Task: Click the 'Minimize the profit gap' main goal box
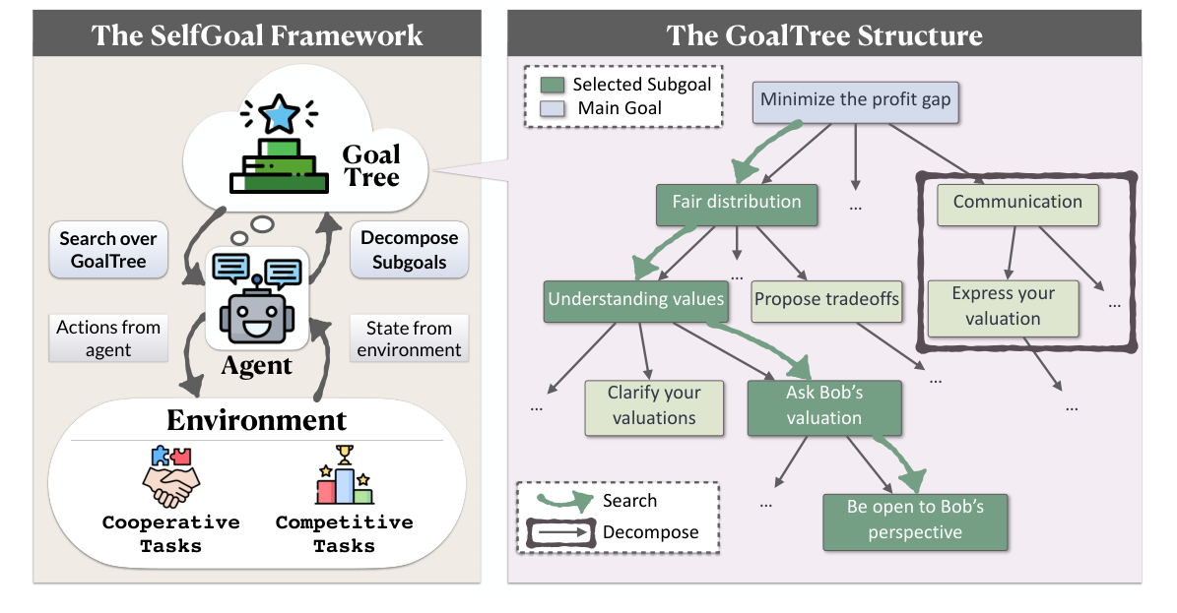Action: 856,100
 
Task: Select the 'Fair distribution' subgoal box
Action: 737,204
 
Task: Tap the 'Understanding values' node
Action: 636,300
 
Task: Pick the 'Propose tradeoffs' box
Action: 826,299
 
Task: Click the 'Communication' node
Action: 1017,203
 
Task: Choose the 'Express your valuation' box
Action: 1003,306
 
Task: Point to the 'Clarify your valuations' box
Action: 654,405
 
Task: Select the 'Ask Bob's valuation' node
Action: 823,405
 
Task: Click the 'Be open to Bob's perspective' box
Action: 915,521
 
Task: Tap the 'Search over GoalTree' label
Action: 108,250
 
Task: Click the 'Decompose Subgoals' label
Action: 409,250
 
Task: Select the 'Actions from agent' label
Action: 108,338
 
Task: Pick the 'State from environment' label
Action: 409,338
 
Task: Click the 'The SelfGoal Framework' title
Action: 257,36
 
